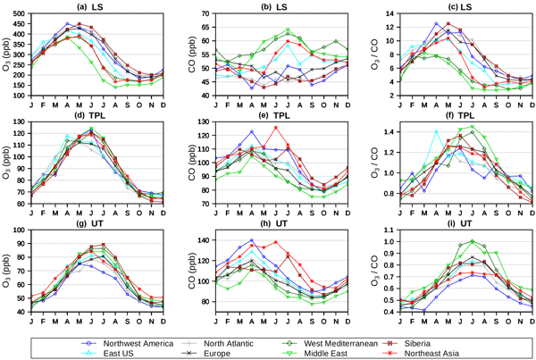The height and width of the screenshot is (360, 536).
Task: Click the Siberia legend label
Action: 452,342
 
